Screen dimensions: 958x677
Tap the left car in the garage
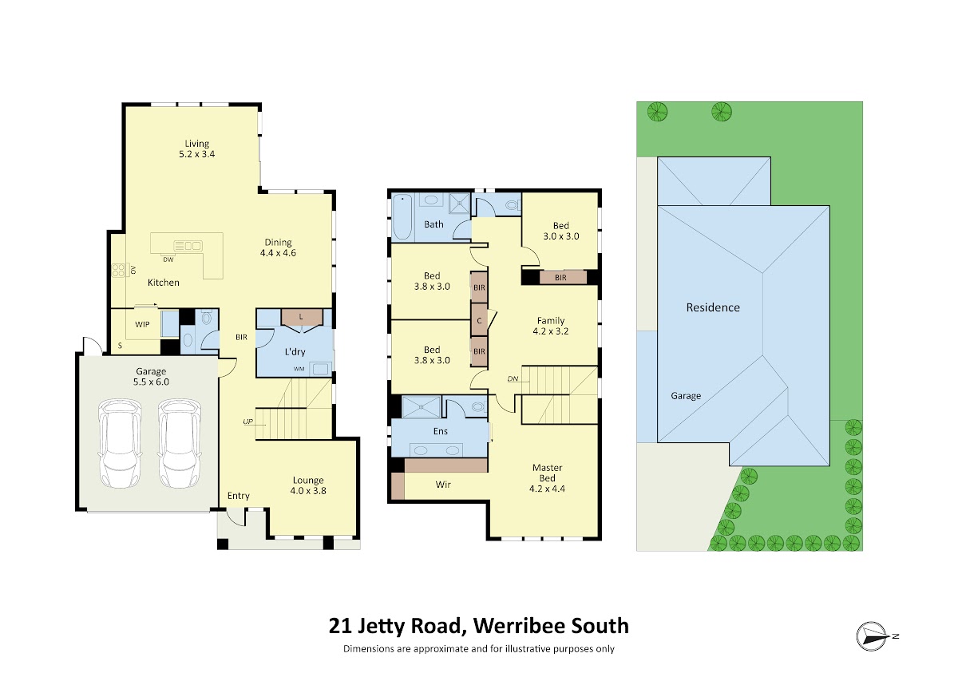tap(120, 444)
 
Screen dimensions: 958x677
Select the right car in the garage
tap(180, 444)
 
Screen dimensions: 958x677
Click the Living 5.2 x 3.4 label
tap(196, 148)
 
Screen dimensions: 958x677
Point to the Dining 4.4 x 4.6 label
tap(278, 247)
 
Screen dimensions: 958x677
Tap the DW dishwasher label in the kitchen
tap(168, 259)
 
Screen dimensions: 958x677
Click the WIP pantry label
tap(142, 324)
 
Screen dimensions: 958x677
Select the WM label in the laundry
tap(299, 369)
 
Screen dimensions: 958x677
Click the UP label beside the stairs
tap(248, 422)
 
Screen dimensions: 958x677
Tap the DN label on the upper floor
tap(513, 378)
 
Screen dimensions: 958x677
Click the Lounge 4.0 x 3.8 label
tap(308, 485)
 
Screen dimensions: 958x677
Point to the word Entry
tap(238, 496)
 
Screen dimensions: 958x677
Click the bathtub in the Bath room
tap(402, 216)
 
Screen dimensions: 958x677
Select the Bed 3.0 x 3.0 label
tap(561, 231)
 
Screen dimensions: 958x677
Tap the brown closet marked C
tap(480, 320)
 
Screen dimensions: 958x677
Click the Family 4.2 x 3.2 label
tap(551, 326)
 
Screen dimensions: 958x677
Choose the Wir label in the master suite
tap(443, 485)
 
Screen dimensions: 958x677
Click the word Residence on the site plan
tap(713, 307)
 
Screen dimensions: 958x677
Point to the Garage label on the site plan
tap(686, 396)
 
